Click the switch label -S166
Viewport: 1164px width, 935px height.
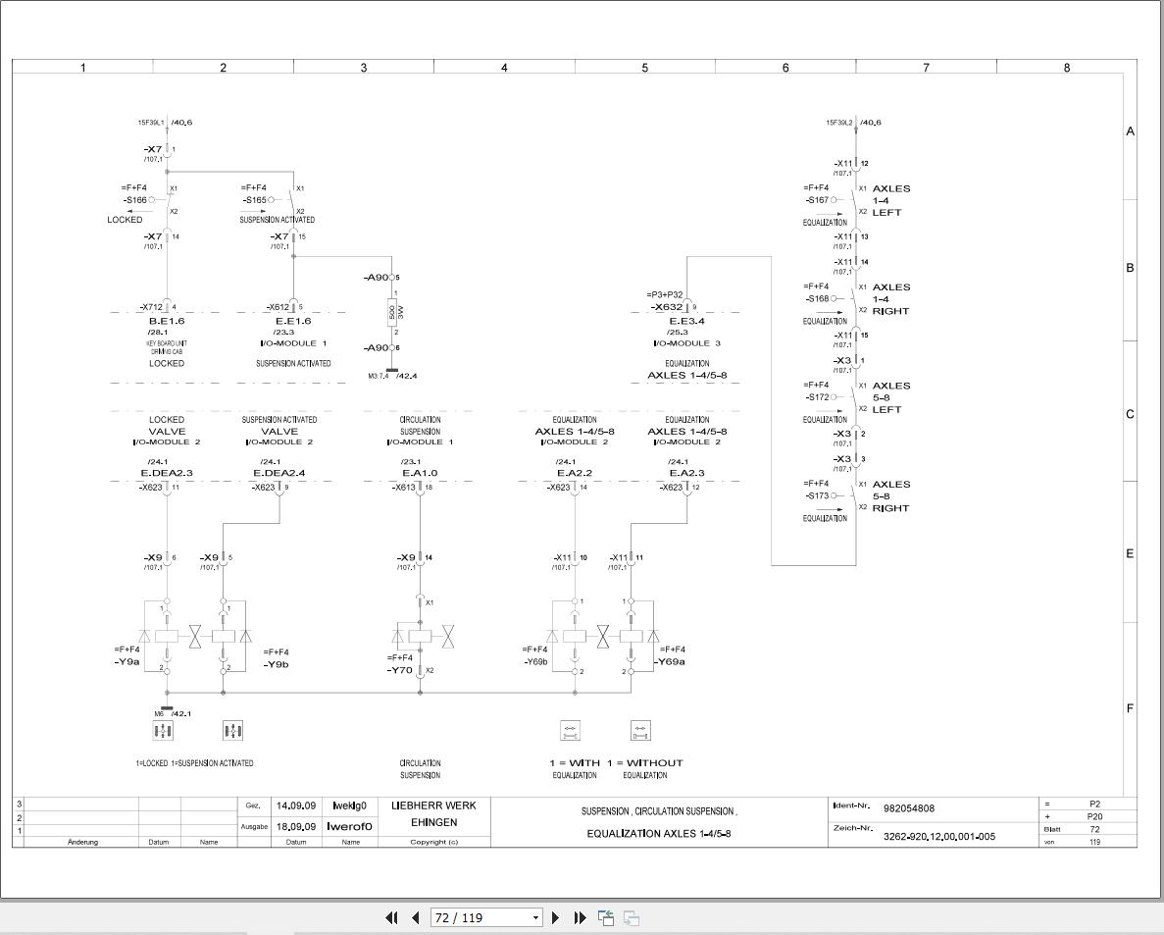point(135,199)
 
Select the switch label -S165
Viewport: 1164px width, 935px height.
point(255,199)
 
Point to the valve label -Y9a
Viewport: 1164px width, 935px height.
point(127,662)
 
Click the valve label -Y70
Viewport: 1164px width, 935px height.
point(399,670)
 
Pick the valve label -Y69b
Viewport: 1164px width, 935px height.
point(535,661)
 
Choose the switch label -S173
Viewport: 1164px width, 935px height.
point(817,495)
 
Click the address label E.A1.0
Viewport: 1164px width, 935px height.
point(420,473)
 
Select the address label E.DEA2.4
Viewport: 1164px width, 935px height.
point(279,473)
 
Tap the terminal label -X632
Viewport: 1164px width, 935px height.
point(667,307)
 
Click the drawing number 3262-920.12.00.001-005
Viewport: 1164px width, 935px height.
point(938,837)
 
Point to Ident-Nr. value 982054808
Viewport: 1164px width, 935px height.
point(909,808)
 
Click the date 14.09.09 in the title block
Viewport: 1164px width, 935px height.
point(295,805)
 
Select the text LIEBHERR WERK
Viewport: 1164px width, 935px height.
point(433,805)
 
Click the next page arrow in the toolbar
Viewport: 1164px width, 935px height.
point(556,917)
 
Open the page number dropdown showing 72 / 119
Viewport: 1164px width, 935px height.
point(535,917)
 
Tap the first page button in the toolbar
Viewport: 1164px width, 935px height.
point(391,917)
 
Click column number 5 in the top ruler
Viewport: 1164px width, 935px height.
point(645,68)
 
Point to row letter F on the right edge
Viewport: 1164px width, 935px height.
point(1130,708)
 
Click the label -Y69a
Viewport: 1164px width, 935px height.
point(672,661)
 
